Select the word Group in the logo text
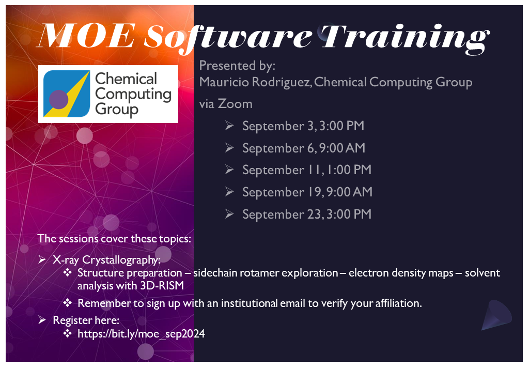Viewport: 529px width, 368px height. coord(117,109)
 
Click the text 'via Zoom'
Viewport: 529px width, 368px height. coord(226,104)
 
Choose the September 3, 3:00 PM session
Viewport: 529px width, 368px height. coord(303,126)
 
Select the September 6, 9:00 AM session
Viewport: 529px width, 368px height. coord(304,148)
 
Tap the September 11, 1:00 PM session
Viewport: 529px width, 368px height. coord(307,170)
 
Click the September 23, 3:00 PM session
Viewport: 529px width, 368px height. coord(307,214)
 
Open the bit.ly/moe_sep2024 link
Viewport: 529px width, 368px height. coord(141,334)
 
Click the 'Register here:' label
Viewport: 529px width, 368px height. coord(86,320)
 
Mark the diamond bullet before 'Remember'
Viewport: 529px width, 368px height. coord(67,303)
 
